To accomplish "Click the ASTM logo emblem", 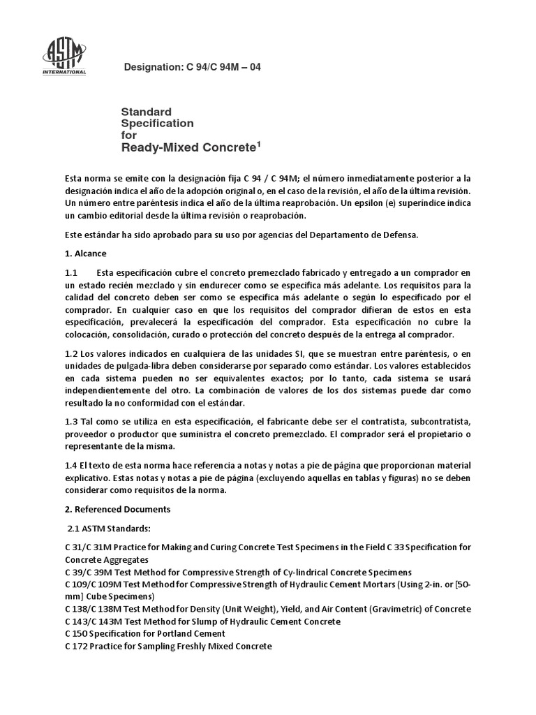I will point(65,52).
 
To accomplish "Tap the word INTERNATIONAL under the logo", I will point(65,72).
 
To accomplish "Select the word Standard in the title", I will point(147,111).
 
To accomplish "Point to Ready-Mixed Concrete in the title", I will point(188,147).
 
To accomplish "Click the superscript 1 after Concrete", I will point(258,143).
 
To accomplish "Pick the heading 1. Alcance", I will point(85,253).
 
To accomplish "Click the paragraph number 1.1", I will point(71,272).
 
